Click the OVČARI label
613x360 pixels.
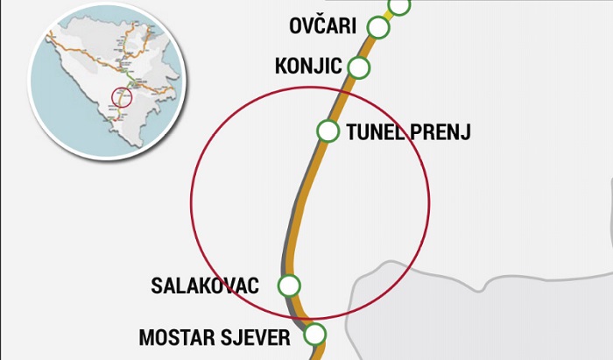pos(322,25)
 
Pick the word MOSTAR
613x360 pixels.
pos(176,336)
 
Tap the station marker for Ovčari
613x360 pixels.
pos(378,27)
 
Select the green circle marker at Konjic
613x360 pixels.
pos(358,67)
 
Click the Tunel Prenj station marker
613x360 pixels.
pos(328,131)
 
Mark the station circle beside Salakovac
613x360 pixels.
pos(288,286)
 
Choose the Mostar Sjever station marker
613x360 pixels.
pos(314,334)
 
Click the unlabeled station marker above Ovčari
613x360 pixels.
pos(399,4)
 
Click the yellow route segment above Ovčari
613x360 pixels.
pos(389,16)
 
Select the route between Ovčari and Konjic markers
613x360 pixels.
pos(369,46)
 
